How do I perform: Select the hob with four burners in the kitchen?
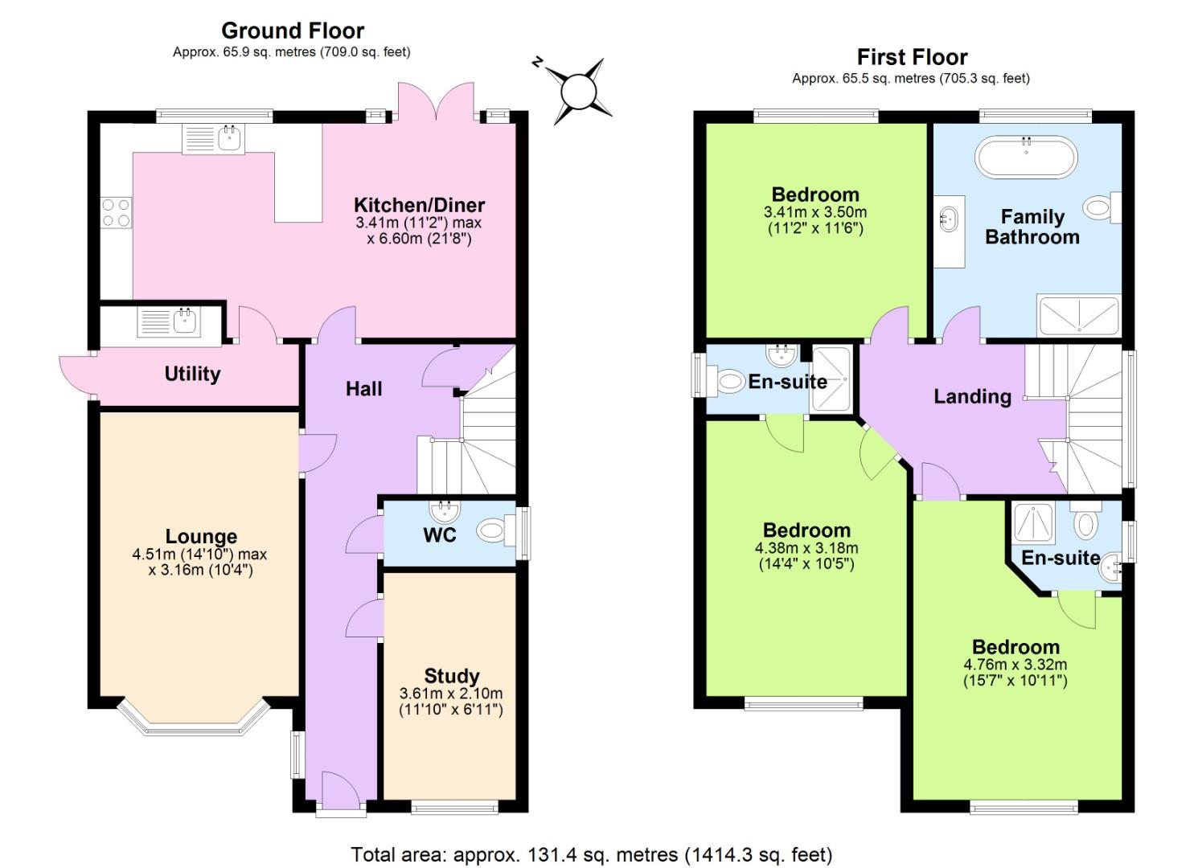tap(116, 212)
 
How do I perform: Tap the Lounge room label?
tap(201, 536)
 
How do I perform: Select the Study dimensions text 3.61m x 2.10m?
tap(450, 693)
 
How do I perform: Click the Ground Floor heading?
tap(293, 31)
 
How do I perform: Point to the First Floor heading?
tap(912, 57)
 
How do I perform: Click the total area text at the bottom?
tap(591, 854)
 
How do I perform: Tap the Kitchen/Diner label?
tap(419, 204)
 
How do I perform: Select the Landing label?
tap(972, 395)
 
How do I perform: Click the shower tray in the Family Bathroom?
tap(1077, 315)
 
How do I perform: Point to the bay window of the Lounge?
tap(192, 719)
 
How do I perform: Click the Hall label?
tap(363, 389)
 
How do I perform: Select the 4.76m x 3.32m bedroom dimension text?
tap(1015, 665)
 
